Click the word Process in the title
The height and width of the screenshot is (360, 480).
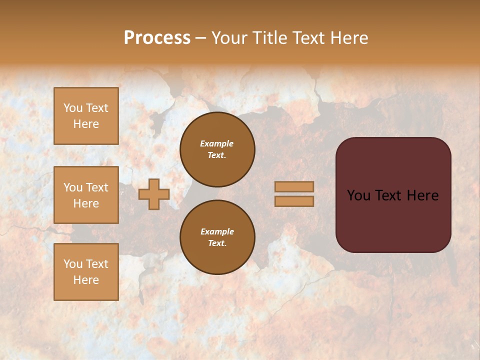click(x=157, y=38)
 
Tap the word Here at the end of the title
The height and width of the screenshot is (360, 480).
click(x=348, y=38)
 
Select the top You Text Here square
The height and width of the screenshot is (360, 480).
click(x=86, y=116)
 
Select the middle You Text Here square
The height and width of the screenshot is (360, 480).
click(x=86, y=195)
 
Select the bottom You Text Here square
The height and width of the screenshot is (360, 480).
click(x=86, y=272)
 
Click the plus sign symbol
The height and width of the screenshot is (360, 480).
click(x=154, y=194)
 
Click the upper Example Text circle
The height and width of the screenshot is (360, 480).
click(x=217, y=149)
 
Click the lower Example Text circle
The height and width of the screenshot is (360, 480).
click(x=217, y=237)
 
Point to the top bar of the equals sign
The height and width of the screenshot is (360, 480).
click(x=294, y=186)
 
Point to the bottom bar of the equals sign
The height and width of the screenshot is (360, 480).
click(x=294, y=201)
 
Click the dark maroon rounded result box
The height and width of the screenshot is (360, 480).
click(x=393, y=220)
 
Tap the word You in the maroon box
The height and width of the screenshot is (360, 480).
click(x=358, y=195)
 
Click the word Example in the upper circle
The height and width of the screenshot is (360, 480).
click(x=217, y=143)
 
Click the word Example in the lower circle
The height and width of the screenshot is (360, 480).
click(x=217, y=231)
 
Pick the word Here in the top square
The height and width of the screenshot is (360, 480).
click(x=86, y=124)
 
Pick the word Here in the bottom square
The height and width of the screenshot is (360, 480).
click(x=86, y=280)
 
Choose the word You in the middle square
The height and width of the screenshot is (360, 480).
click(x=73, y=187)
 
